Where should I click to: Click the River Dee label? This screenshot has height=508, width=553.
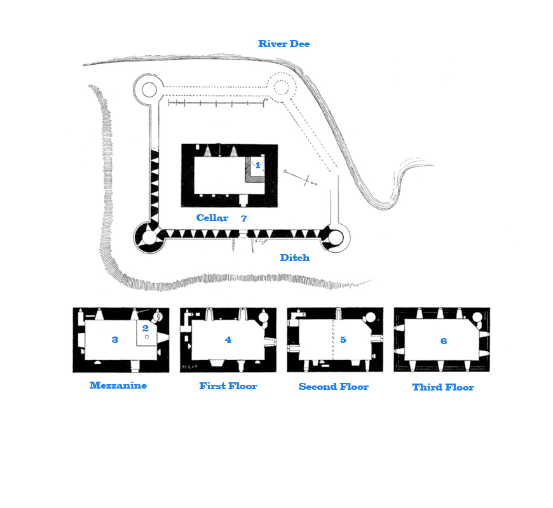pyautogui.click(x=284, y=44)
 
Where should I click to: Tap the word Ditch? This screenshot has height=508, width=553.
pyautogui.click(x=294, y=258)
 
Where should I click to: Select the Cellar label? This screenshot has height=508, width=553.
pyautogui.click(x=212, y=218)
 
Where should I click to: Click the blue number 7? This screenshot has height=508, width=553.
pyautogui.click(x=243, y=218)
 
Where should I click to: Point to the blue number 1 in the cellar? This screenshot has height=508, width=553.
pyautogui.click(x=258, y=165)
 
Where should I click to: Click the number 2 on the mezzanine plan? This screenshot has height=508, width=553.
pyautogui.click(x=146, y=328)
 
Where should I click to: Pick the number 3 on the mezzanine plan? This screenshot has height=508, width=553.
pyautogui.click(x=114, y=340)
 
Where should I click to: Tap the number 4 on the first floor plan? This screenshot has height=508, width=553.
pyautogui.click(x=228, y=340)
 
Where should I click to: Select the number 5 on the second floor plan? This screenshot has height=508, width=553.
pyautogui.click(x=343, y=340)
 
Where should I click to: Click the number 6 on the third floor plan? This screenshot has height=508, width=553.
pyautogui.click(x=444, y=340)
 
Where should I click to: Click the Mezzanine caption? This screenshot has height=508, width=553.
pyautogui.click(x=118, y=385)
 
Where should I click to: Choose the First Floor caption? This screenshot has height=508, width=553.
pyautogui.click(x=228, y=386)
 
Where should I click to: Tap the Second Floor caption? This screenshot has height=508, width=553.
pyautogui.click(x=333, y=387)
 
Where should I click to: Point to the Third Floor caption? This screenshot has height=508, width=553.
pyautogui.click(x=443, y=387)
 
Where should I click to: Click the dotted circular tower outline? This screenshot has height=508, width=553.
pyautogui.click(x=281, y=87)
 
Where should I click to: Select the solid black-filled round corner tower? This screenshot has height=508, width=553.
pyautogui.click(x=149, y=237)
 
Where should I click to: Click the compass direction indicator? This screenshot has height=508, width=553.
pyautogui.click(x=301, y=178)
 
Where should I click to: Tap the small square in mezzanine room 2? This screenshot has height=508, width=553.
pyautogui.click(x=147, y=337)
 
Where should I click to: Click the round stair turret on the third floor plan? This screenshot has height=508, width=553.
pyautogui.click(x=477, y=317)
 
